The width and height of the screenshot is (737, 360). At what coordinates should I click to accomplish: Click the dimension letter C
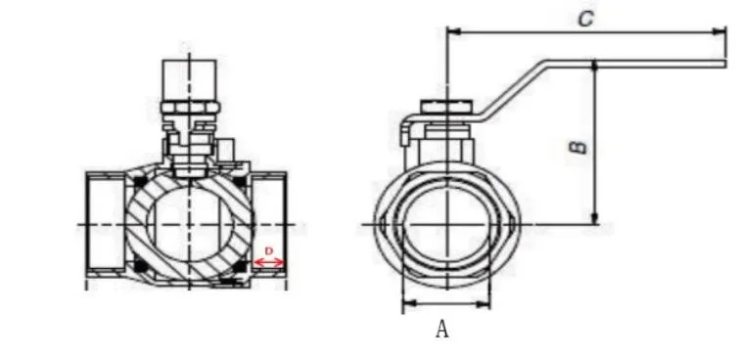pyautogui.click(x=585, y=19)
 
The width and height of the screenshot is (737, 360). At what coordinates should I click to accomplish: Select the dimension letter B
pyautogui.click(x=578, y=147)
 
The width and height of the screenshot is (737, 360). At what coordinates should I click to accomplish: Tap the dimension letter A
pyautogui.click(x=441, y=329)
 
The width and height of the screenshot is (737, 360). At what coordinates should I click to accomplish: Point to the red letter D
pyautogui.click(x=269, y=251)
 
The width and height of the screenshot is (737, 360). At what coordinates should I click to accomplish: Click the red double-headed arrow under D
pyautogui.click(x=269, y=262)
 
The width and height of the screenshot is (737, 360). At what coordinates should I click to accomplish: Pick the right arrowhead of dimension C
pyautogui.click(x=720, y=31)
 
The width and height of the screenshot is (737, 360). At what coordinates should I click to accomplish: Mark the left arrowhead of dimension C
pyautogui.click(x=453, y=31)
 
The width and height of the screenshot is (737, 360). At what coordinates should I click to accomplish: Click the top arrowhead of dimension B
pyautogui.click(x=594, y=67)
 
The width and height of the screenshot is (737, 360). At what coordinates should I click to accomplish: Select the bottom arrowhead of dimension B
pyautogui.click(x=594, y=218)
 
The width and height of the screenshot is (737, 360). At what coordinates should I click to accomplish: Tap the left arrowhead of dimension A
pyautogui.click(x=410, y=304)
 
